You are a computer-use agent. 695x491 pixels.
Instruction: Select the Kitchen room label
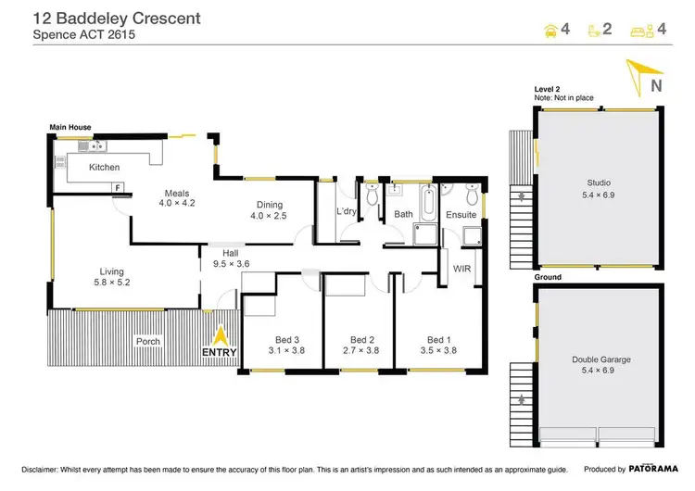tap(104, 168)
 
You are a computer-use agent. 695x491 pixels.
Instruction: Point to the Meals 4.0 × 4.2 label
tap(176, 199)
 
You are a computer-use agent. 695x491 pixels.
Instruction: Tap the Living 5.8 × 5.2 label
tap(111, 277)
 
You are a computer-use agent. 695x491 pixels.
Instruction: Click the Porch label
tap(147, 341)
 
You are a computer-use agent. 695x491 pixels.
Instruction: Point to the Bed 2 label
tap(361, 345)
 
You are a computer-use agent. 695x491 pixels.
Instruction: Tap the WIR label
tap(462, 269)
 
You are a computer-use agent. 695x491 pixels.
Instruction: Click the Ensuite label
tap(461, 214)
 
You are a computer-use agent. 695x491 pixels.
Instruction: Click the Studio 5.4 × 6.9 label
tap(599, 189)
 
